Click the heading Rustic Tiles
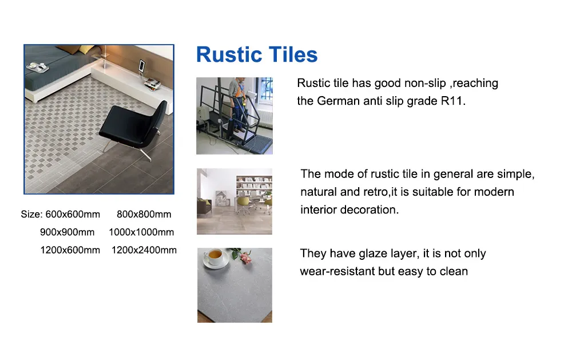257,55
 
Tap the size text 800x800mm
144,214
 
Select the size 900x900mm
67,232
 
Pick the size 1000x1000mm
141,232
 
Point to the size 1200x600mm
70,250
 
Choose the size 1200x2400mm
144,250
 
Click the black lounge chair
133,126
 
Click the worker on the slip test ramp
237,105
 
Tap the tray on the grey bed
38,67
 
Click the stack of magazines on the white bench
153,84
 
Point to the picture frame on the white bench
141,66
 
